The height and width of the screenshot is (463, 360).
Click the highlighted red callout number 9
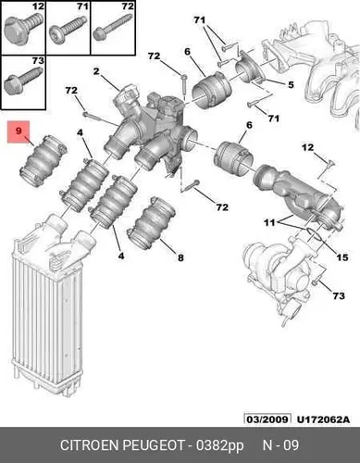coord(19,131)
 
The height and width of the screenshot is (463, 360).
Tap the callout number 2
coord(96,71)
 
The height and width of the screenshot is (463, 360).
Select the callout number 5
coord(291,85)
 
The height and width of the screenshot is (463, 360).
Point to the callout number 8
coord(180,257)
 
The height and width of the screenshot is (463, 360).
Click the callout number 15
coord(342,257)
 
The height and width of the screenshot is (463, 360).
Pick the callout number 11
coord(269,222)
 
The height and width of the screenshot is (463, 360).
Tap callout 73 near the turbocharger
coord(339,295)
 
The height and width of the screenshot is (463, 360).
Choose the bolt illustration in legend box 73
coord(23,81)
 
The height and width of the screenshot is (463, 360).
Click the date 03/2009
coord(267,419)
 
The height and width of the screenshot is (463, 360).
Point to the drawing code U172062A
coord(324,419)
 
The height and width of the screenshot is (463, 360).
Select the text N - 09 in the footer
coord(280,445)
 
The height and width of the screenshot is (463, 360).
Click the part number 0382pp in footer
coord(219,445)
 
